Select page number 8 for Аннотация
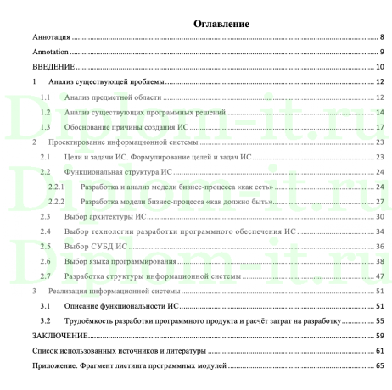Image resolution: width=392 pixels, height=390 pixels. coord(383,38)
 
